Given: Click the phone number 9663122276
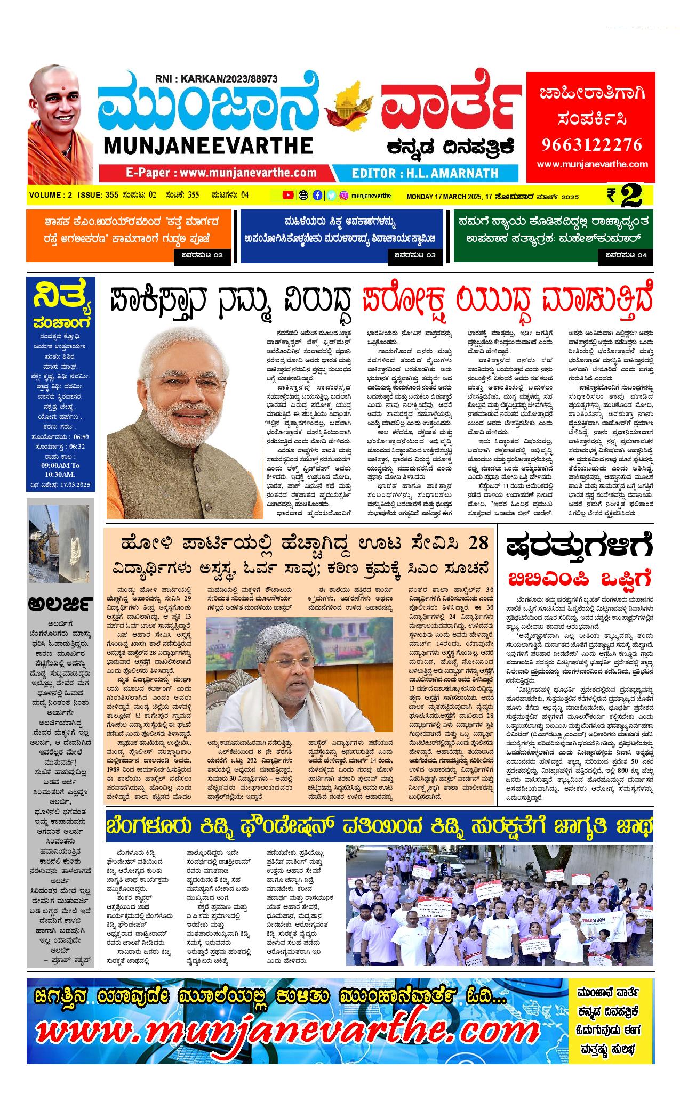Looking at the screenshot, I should click(x=592, y=144).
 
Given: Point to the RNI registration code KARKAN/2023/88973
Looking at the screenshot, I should click(x=216, y=79).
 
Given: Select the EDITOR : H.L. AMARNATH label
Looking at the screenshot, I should click(x=425, y=173).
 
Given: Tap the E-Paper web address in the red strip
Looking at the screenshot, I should click(x=221, y=173).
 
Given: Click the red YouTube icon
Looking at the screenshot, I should click(x=288, y=195).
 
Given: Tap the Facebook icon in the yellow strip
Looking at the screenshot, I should click(x=317, y=195).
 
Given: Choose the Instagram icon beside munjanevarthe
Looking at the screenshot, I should click(x=345, y=195).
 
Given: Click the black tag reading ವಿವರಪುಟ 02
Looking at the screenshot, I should click(x=202, y=255).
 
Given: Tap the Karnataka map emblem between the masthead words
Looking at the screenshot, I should click(x=349, y=104).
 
